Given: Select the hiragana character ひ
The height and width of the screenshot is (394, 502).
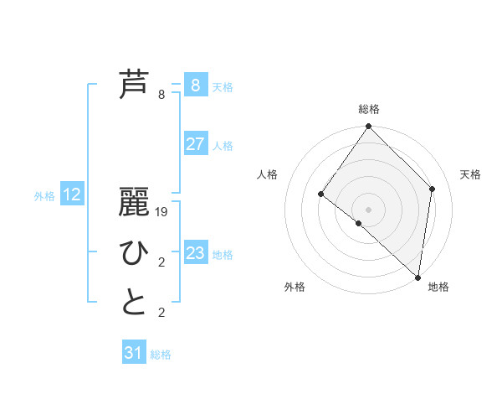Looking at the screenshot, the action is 134,251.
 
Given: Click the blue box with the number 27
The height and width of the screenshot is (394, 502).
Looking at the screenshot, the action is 195,144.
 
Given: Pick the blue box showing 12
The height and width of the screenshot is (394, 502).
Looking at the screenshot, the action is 72,195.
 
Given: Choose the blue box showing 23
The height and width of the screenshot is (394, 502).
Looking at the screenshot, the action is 195,253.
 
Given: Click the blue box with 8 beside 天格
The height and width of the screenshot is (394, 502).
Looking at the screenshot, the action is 195,85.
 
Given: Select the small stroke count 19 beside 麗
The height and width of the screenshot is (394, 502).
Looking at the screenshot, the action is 161,212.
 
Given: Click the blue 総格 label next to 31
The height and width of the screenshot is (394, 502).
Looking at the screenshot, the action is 161,355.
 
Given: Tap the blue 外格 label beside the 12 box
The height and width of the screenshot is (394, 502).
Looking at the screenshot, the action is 44,196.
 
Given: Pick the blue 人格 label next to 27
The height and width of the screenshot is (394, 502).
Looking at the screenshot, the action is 223,146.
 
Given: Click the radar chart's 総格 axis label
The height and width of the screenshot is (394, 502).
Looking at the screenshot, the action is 369,109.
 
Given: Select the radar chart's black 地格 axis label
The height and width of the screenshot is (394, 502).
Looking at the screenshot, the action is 438,288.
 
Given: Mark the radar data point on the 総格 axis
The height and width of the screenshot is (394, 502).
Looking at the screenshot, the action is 369,127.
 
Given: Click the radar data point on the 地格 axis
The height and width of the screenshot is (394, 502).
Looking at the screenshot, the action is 418,277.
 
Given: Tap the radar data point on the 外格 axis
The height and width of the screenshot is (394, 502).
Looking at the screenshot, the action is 358,224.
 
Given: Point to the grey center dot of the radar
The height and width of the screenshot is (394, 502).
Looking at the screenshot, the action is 369,209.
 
